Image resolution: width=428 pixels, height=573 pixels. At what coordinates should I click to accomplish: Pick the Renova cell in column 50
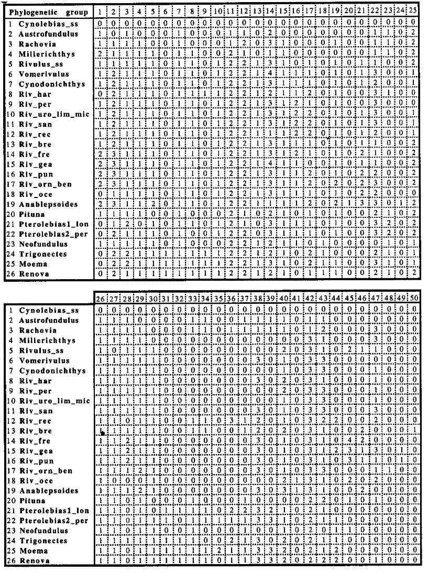(x=413, y=560)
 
